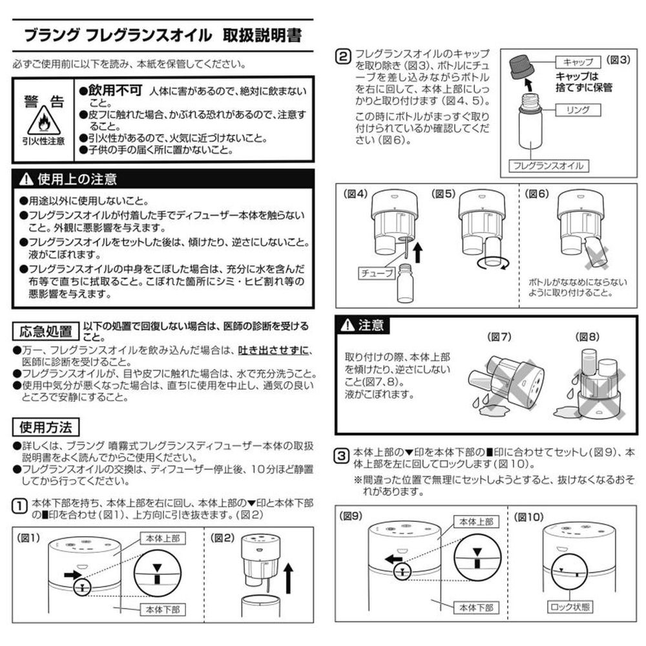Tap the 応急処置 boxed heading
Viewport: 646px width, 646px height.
[x=45, y=331]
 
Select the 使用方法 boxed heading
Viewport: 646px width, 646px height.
[x=45, y=427]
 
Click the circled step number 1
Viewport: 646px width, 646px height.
[x=19, y=506]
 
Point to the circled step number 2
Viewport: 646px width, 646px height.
[x=343, y=56]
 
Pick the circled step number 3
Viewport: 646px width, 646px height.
[x=342, y=455]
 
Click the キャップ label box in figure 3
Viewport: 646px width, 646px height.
[x=578, y=62]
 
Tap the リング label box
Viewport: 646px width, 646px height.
[x=578, y=110]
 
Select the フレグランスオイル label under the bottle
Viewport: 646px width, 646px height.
[x=548, y=165]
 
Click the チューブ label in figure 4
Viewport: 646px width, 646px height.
[x=377, y=273]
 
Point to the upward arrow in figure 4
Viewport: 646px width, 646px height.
[x=418, y=252]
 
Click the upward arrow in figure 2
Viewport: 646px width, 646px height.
[x=288, y=578]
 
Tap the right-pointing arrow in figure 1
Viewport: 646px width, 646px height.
[x=73, y=574]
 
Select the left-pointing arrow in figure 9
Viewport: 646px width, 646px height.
[x=393, y=559]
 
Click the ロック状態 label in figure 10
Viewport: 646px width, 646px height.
[x=570, y=607]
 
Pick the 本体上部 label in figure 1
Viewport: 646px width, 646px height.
[x=163, y=538]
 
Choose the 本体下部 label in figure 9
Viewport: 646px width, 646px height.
[x=476, y=607]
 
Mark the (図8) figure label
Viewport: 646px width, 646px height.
[x=587, y=337]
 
